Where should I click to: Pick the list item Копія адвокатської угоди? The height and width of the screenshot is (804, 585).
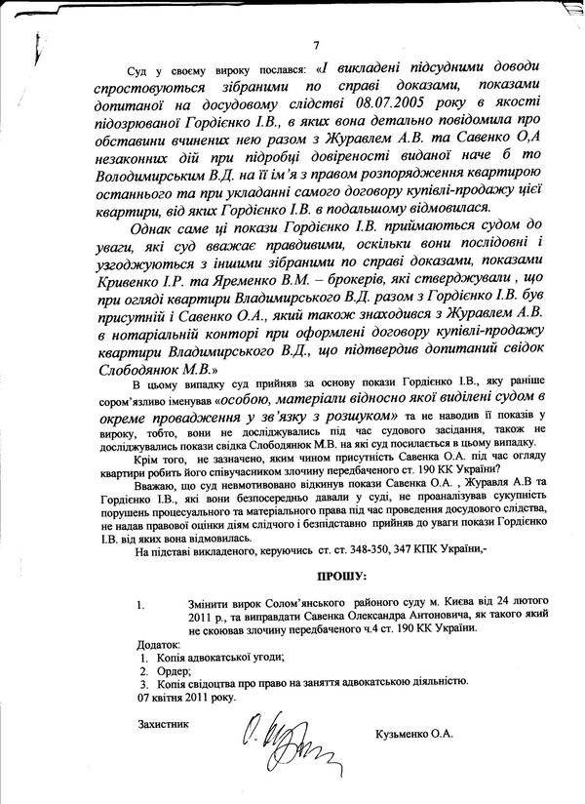click(208, 659)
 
